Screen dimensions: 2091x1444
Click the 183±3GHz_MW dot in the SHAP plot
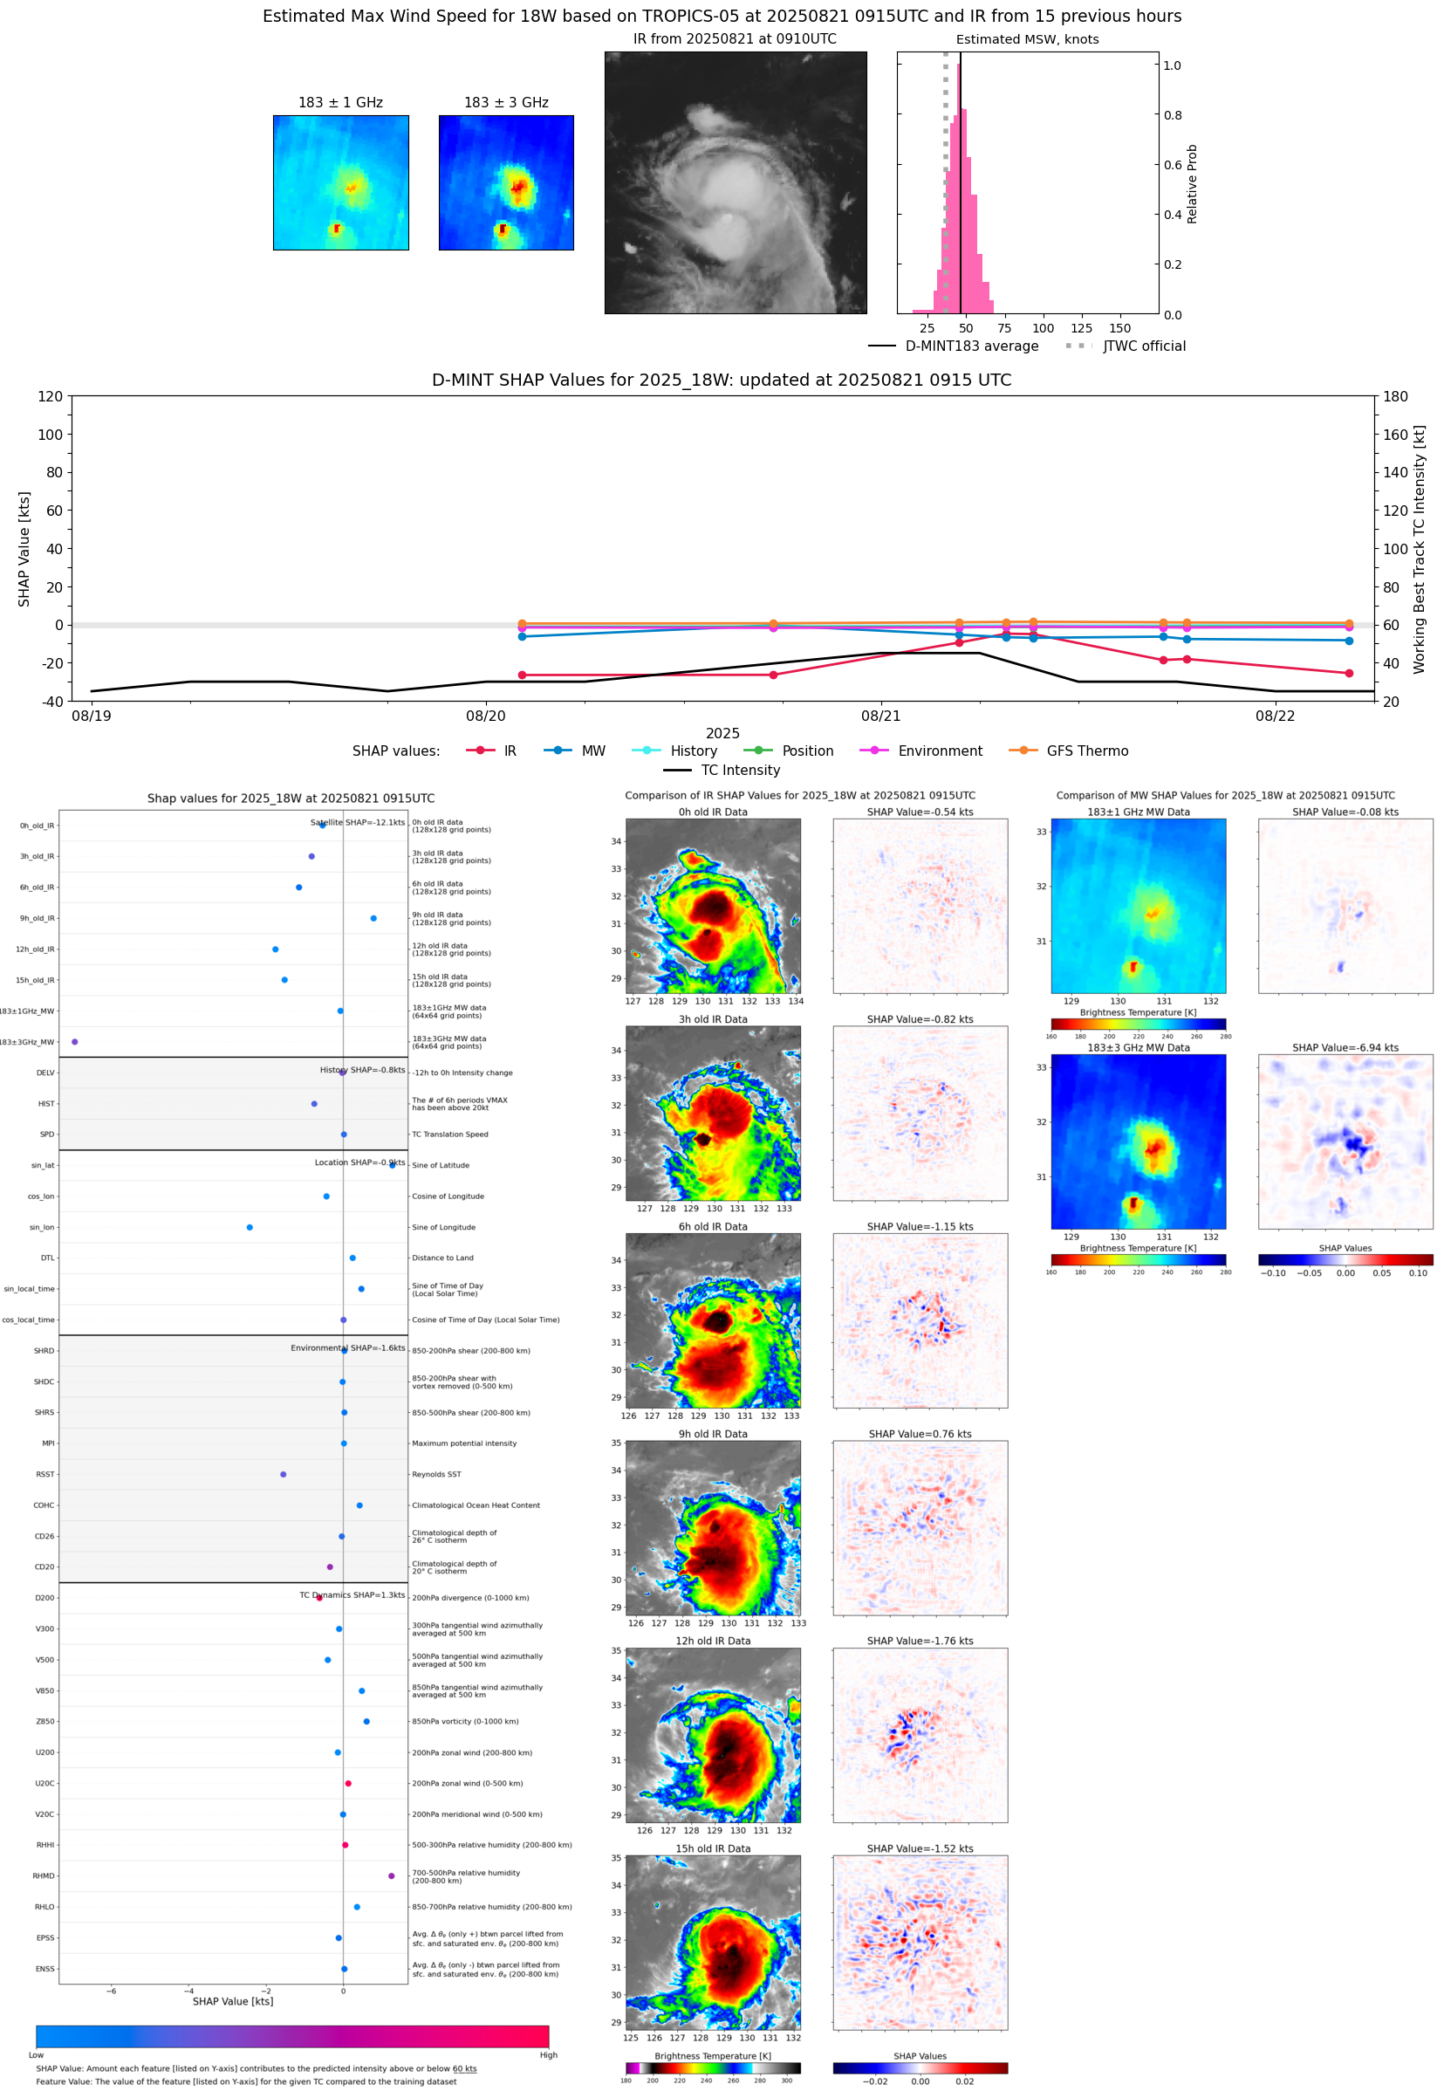(x=74, y=1041)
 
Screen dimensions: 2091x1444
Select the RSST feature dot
(x=284, y=1474)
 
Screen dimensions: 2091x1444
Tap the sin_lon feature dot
(x=250, y=1227)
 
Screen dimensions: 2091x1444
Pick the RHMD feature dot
(x=391, y=1875)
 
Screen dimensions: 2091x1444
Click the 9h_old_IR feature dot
(x=373, y=918)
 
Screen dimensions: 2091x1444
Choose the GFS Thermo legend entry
(x=1069, y=751)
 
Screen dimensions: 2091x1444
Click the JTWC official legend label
(x=1144, y=346)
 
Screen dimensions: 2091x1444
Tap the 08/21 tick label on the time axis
(x=880, y=716)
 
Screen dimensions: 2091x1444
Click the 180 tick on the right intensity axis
(x=1395, y=396)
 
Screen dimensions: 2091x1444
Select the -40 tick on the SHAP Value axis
(x=51, y=702)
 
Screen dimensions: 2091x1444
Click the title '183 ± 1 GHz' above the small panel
(x=340, y=103)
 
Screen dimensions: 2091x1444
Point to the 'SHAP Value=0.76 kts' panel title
(x=920, y=1434)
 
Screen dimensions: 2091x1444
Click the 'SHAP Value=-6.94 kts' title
(x=1345, y=1048)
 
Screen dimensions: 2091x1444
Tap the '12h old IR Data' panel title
(x=713, y=1642)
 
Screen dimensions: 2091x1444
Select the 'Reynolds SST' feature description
(x=436, y=1475)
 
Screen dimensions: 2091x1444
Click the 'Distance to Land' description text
(x=442, y=1258)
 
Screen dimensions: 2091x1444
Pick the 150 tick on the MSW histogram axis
(x=1119, y=328)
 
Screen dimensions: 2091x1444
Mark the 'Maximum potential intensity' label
(x=464, y=1443)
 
